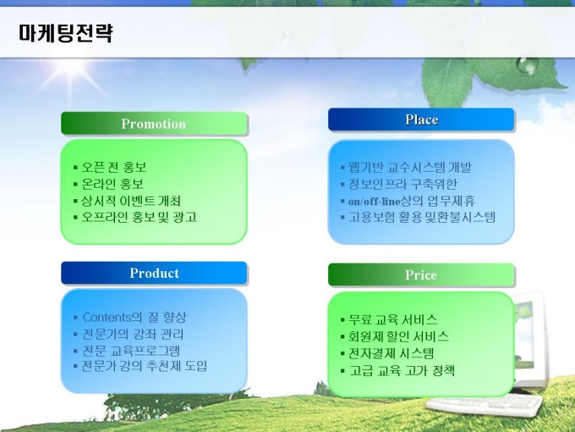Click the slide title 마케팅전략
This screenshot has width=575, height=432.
tap(66, 33)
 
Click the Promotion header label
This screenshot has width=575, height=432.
tap(154, 124)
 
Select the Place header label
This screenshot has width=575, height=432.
tap(422, 119)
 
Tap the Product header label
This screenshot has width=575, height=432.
tap(155, 274)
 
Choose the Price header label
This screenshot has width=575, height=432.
tap(421, 274)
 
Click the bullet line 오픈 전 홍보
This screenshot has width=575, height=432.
tap(113, 167)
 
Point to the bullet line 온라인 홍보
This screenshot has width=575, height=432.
tap(112, 184)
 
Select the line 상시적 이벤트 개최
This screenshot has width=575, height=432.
tap(131, 201)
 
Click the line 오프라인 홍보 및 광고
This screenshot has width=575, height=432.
tap(139, 217)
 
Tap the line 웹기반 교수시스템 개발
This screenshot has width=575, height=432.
tap(409, 168)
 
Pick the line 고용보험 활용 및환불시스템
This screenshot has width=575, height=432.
tap(422, 217)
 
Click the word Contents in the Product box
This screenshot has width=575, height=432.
tap(107, 317)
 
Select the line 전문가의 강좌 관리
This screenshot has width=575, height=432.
tap(133, 335)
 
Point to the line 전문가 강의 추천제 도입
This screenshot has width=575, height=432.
tap(144, 366)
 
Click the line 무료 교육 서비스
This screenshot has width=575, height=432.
tap(392, 319)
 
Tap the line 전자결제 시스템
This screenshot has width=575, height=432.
tap(391, 353)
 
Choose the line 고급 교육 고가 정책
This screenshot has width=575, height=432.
tap(402, 370)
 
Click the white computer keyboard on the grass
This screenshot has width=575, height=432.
tap(484, 405)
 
